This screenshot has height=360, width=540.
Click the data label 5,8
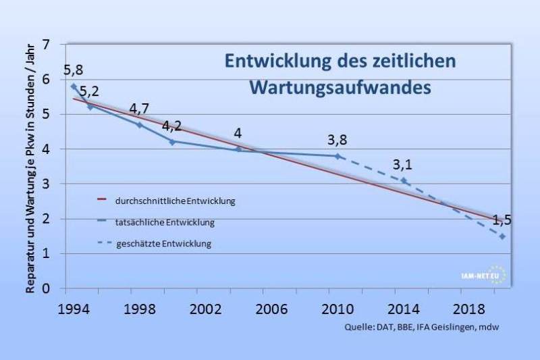pos(72,70)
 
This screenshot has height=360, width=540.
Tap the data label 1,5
pos(502,221)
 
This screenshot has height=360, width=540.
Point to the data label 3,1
pos(402,164)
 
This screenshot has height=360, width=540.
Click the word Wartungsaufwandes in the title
pos(340,88)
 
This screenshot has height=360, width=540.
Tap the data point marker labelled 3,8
pos(337,156)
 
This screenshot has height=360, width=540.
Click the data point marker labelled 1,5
pos(502,236)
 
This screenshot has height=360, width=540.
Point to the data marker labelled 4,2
pos(172,142)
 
